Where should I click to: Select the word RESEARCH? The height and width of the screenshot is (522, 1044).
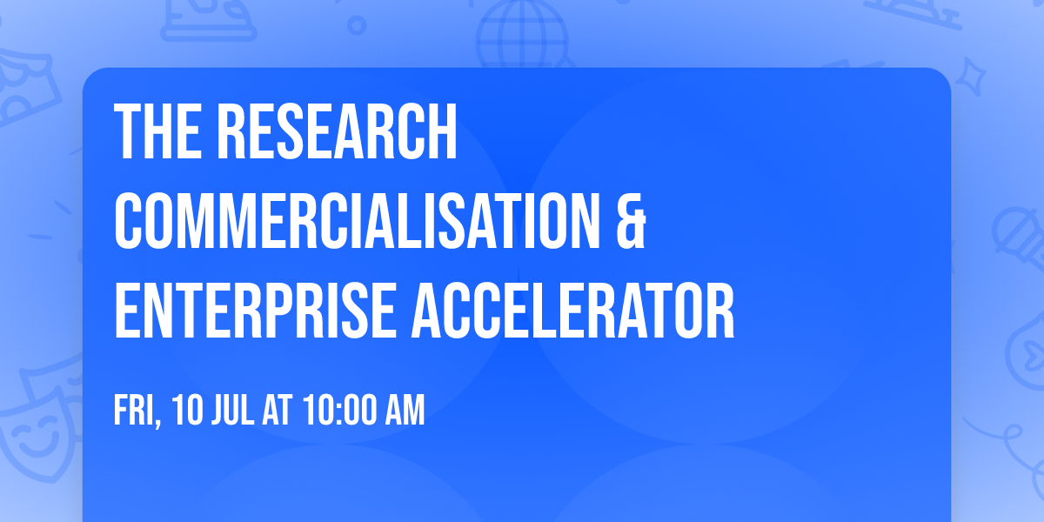337,131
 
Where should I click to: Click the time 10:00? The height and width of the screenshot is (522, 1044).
340,411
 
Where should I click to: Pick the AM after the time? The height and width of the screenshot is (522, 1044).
405,411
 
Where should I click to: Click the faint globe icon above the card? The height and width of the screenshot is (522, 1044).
521,35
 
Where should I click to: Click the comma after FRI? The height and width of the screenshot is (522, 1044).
159,423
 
